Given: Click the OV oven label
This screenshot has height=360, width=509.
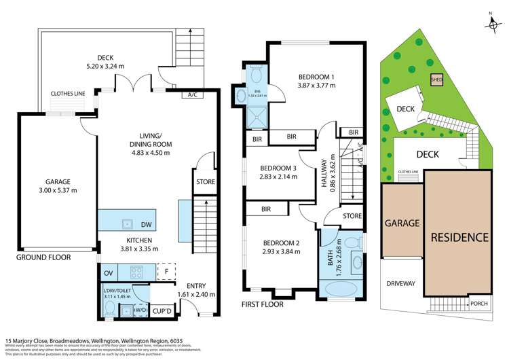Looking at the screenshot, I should (107, 274).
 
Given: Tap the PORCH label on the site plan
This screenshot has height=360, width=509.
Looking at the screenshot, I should (479, 304).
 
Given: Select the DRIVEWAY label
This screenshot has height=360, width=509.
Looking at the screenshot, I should (401, 283).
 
